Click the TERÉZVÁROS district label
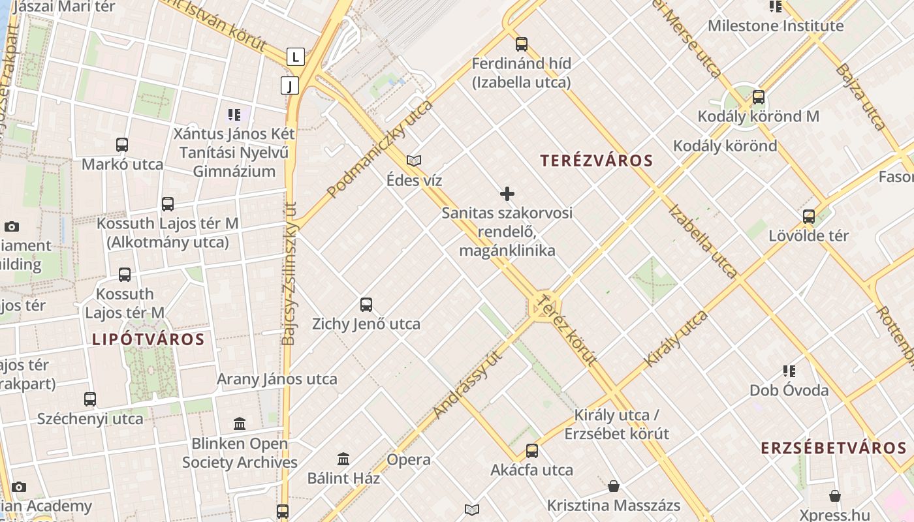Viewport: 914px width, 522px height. tap(597, 161)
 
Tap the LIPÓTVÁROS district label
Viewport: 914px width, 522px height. tap(148, 339)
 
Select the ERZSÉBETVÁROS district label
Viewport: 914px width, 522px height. tap(834, 448)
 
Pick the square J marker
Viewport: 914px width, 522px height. tap(290, 85)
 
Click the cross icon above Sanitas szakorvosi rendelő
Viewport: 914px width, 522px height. tap(507, 194)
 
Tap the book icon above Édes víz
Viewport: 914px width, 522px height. tap(414, 161)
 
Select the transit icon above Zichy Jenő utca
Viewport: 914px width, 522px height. tap(366, 305)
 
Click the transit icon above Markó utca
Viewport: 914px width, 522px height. tap(122, 145)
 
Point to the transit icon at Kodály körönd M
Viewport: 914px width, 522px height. tap(758, 97)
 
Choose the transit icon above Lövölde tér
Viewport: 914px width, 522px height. tap(809, 217)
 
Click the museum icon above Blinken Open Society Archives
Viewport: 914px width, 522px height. tap(240, 424)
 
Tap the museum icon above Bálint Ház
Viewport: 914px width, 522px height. tap(343, 459)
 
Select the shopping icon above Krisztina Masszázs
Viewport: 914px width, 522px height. tap(614, 486)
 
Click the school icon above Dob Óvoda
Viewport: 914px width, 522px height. tap(789, 371)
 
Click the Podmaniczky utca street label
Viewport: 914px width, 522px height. tap(380, 149)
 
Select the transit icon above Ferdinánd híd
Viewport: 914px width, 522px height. tap(521, 44)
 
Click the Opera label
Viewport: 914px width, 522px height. tap(409, 459)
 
